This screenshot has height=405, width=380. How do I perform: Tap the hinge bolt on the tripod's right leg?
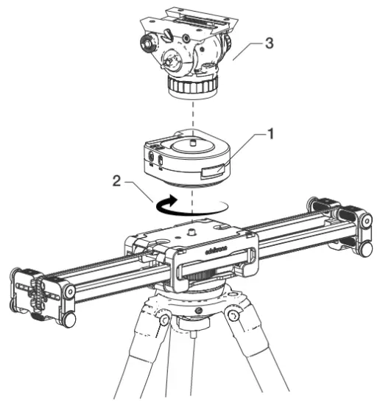tap(233, 316)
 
